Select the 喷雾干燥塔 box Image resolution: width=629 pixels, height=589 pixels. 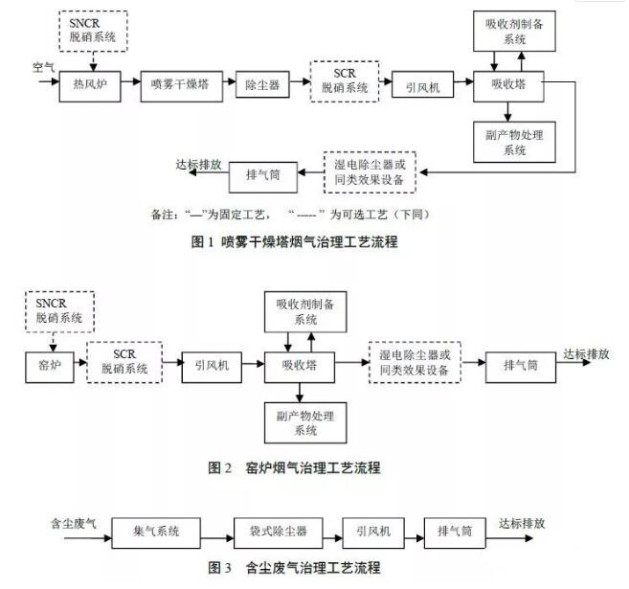(179, 84)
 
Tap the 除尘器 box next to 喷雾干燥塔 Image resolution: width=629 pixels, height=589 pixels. (262, 84)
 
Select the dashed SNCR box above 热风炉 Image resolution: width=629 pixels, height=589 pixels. (92, 31)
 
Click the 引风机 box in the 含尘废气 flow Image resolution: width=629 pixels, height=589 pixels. (374, 530)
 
